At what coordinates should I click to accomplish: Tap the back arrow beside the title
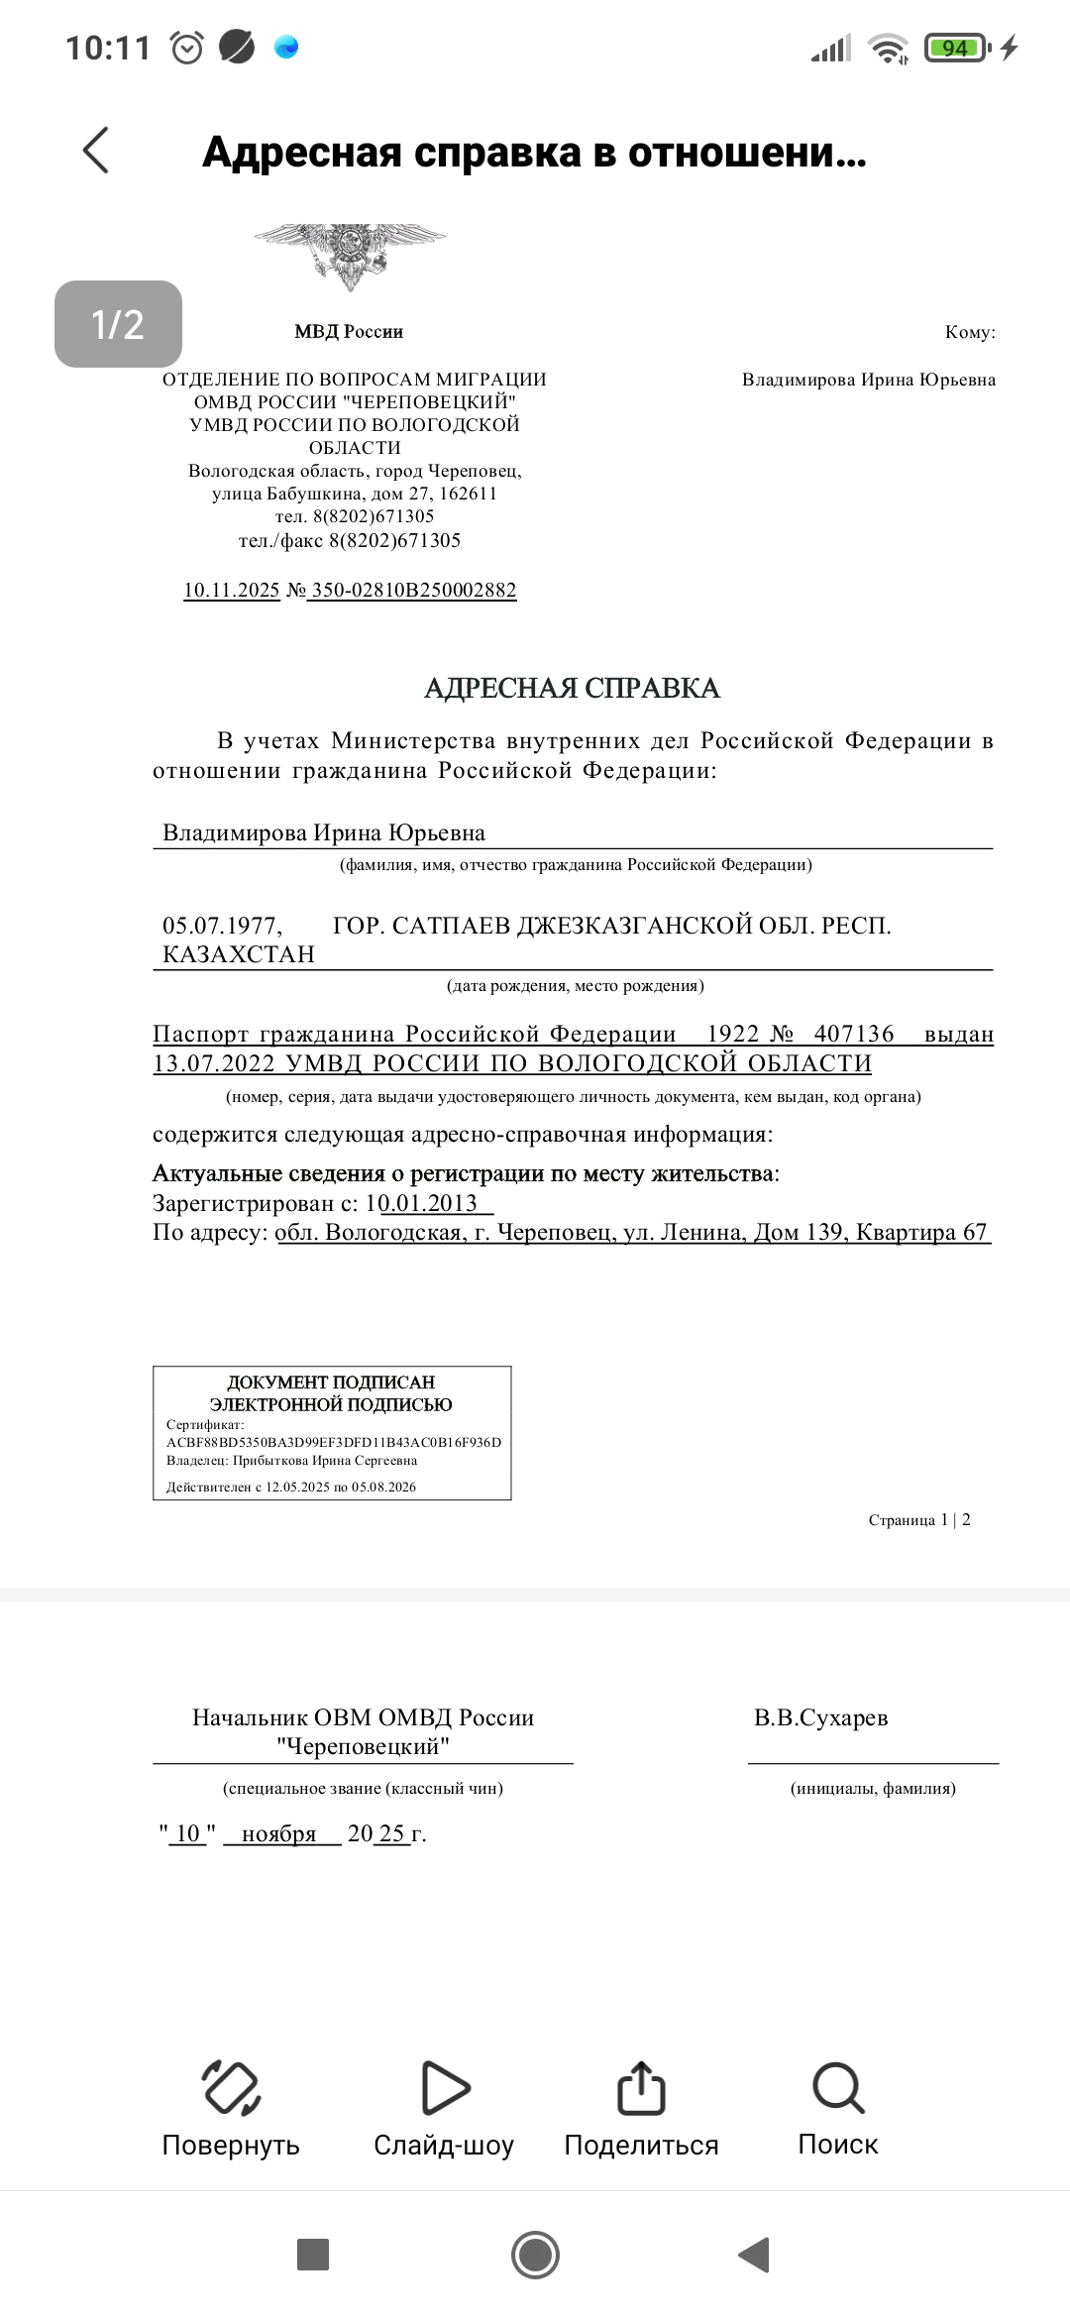pyautogui.click(x=96, y=151)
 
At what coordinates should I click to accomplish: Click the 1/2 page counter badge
pyautogui.click(x=118, y=324)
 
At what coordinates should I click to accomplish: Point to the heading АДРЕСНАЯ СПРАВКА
pyautogui.click(x=572, y=688)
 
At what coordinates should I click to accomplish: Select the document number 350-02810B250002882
pyautogui.click(x=413, y=591)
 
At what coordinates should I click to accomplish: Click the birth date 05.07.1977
pyautogui.click(x=222, y=926)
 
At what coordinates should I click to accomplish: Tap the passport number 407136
pyautogui.click(x=854, y=1034)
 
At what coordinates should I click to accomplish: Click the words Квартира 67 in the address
pyautogui.click(x=921, y=1232)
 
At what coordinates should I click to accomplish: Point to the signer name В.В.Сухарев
pyautogui.click(x=820, y=1717)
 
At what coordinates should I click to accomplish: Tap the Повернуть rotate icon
pyautogui.click(x=231, y=2087)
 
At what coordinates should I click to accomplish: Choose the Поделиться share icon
pyautogui.click(x=641, y=2087)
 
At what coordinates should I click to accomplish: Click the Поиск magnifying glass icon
pyautogui.click(x=838, y=2087)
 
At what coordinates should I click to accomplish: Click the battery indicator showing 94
pyautogui.click(x=955, y=48)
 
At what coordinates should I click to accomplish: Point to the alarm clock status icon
pyautogui.click(x=187, y=48)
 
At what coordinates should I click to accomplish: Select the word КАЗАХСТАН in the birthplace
pyautogui.click(x=239, y=954)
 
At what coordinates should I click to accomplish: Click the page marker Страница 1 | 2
pyautogui.click(x=918, y=1520)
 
